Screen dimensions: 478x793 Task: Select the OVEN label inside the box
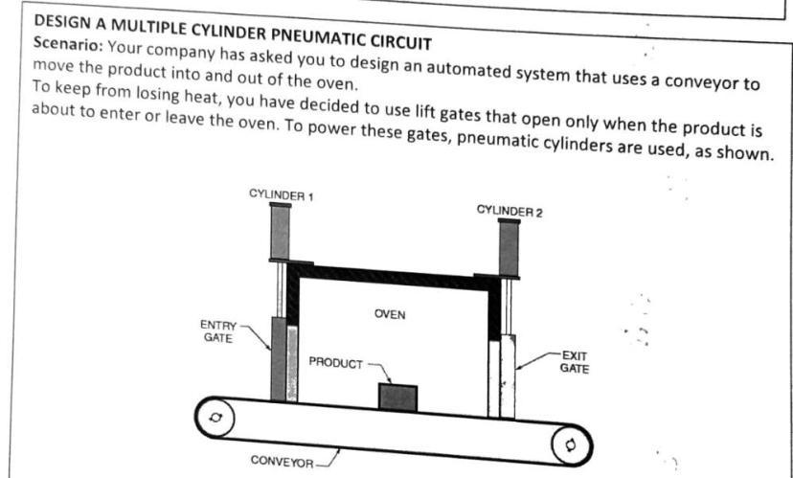[390, 315]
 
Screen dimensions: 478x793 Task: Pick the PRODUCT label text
[335, 362]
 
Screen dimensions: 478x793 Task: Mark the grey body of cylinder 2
[509, 248]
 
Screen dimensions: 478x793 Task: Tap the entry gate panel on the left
[279, 359]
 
